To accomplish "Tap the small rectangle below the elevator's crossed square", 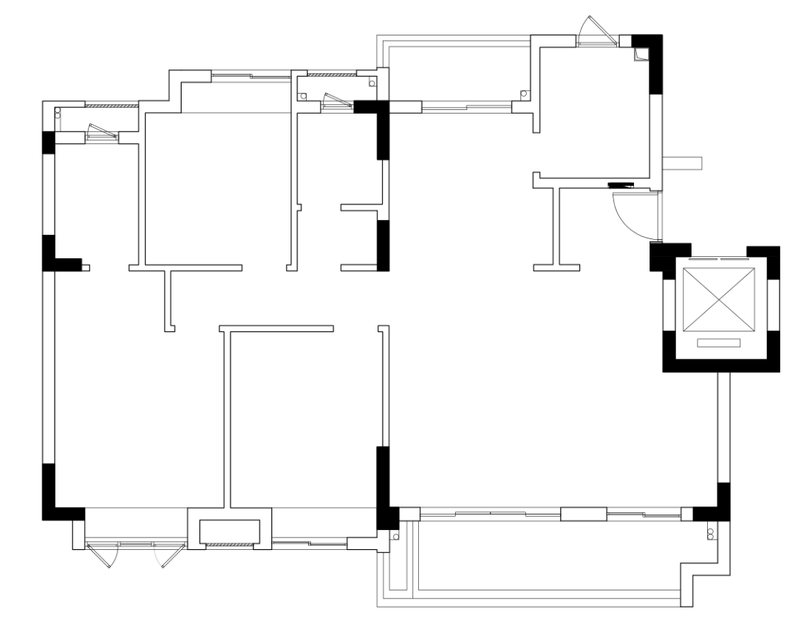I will [x=719, y=343].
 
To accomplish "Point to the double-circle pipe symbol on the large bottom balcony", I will [x=712, y=534].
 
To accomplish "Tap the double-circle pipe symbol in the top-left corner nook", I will [x=58, y=113].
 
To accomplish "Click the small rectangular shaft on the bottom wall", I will [x=230, y=531].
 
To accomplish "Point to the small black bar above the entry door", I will [x=621, y=185].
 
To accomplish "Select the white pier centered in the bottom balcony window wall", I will [x=583, y=514].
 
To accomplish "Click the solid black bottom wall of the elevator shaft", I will [x=720, y=364].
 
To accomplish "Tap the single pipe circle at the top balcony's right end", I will [x=524, y=94].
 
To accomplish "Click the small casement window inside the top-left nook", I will [x=102, y=134].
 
